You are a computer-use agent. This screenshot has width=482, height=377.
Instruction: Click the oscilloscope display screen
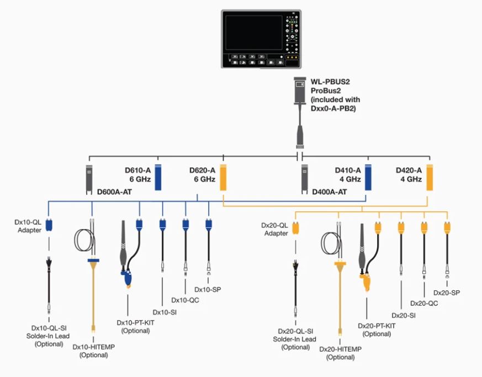[x=254, y=33]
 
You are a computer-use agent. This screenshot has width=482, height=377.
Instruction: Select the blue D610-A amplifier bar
[x=158, y=177]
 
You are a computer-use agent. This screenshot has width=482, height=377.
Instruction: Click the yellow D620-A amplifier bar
[x=223, y=177]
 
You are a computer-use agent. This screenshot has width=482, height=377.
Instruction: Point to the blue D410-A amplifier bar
[x=368, y=177]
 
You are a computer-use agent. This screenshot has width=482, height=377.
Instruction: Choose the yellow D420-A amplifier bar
[x=430, y=177]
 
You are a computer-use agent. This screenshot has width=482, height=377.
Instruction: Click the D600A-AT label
[x=114, y=192]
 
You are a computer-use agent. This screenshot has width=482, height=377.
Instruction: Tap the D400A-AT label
[x=330, y=192]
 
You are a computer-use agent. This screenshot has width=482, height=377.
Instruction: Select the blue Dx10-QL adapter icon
[x=49, y=225]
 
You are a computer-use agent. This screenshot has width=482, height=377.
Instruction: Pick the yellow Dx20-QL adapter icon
[x=295, y=228]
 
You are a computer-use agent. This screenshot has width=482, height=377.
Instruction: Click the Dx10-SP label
[x=208, y=289]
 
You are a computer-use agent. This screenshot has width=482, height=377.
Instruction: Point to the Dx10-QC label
[x=185, y=300]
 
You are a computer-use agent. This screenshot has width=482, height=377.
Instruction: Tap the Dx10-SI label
[x=165, y=312]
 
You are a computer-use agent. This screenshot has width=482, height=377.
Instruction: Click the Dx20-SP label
[x=447, y=293]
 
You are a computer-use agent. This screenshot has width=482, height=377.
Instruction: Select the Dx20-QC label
[x=424, y=304]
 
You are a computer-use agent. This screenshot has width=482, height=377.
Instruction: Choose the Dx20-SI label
[x=404, y=316]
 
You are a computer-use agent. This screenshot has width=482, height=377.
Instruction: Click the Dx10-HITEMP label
[x=94, y=347]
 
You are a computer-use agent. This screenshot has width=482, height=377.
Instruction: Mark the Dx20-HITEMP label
[x=340, y=349]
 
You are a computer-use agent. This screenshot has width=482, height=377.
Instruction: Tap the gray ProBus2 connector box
[x=300, y=91]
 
